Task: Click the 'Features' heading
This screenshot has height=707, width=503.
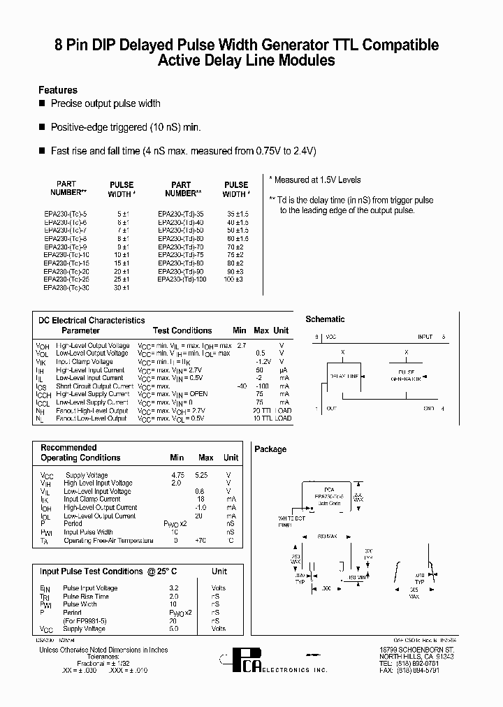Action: pos(58,90)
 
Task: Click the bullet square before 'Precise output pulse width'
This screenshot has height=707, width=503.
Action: pos(42,103)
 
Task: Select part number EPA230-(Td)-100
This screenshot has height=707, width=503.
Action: pos(182,279)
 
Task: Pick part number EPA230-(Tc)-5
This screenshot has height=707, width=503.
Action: pos(64,213)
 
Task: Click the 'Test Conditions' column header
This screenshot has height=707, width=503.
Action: pos(182,330)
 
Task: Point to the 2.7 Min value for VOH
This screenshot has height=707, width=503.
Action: pos(242,345)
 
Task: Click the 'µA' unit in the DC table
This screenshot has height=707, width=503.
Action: pos(282,370)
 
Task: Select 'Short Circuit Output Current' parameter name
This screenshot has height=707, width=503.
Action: pos(94,386)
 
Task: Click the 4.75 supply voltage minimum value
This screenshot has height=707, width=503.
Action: pos(177,475)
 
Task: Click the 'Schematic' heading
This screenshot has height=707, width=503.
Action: pos(326,319)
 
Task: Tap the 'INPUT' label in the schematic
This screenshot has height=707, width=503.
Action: pos(425,337)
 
